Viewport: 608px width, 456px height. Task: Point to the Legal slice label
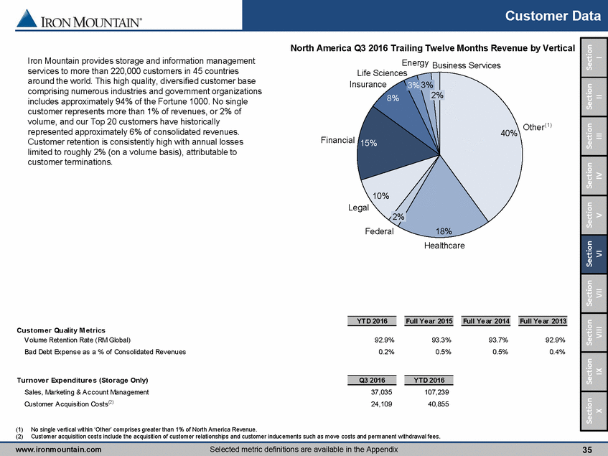pos(358,208)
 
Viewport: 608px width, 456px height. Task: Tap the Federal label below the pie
pos(378,231)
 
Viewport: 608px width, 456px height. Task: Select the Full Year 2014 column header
pos(487,320)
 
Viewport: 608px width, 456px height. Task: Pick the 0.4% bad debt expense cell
pos(556,352)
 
